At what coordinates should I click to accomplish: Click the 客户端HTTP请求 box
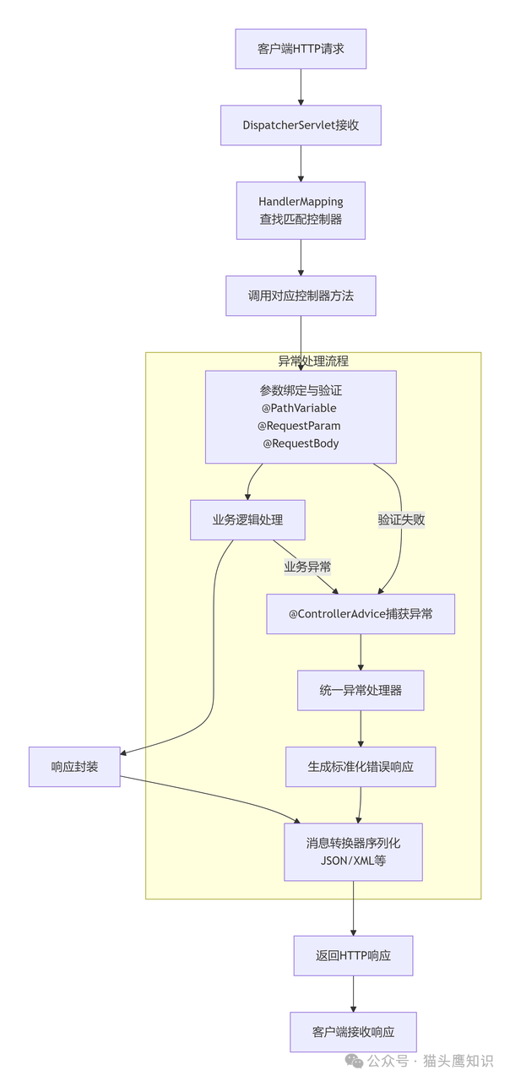301,49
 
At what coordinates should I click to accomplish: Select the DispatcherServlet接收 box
301,125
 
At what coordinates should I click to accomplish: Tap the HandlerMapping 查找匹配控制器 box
301,210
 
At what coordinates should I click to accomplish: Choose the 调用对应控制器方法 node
301,296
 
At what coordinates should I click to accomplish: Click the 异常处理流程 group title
313,361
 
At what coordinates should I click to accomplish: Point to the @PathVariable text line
300,408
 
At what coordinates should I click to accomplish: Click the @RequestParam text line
300,426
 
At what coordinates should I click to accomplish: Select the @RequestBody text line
301,443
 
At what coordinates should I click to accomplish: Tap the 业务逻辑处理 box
247,519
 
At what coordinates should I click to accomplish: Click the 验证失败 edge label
401,520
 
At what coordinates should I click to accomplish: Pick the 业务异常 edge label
307,566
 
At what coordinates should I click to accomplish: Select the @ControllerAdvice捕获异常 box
361,614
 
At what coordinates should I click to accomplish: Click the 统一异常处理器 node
361,690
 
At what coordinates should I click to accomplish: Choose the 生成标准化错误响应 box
361,767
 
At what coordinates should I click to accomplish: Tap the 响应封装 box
74,767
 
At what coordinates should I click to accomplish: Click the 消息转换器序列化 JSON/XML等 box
353,852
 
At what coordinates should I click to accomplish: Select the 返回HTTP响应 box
353,956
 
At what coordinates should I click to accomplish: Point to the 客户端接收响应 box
353,1032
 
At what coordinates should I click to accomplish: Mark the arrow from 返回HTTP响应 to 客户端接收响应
353,994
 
